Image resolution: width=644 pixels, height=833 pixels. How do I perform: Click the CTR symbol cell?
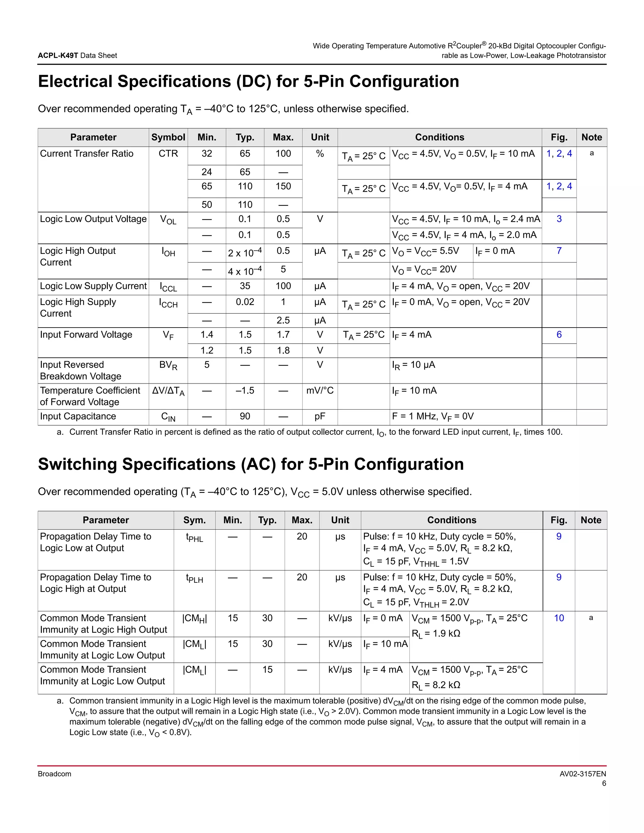(168, 154)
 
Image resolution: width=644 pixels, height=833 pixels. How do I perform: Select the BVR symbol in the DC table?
(168, 365)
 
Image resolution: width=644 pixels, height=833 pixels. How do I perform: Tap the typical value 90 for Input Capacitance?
(245, 416)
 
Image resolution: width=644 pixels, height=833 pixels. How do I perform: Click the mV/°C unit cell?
(320, 390)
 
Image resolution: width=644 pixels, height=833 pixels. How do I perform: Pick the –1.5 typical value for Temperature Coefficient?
(245, 390)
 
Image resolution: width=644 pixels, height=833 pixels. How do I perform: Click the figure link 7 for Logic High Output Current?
(559, 251)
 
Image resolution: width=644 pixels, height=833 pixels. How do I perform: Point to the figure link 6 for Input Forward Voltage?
(559, 334)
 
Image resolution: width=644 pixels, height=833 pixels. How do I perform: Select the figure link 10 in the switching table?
(559, 618)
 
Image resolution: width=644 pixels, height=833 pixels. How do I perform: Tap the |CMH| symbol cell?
(195, 618)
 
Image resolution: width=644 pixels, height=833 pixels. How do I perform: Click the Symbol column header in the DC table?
(168, 137)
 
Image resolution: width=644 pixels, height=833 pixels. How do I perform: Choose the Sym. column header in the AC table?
(195, 520)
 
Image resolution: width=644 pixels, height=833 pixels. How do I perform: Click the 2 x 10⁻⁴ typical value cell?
(245, 252)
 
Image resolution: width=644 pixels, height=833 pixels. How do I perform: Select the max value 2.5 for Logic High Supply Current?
(283, 320)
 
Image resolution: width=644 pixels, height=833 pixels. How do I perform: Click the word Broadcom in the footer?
(54, 774)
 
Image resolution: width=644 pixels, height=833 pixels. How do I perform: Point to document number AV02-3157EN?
(583, 774)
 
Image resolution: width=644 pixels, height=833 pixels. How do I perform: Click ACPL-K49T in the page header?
(58, 55)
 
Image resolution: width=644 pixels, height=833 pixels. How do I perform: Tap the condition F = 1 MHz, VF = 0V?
(433, 416)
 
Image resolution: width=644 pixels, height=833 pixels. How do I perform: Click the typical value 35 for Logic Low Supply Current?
(245, 286)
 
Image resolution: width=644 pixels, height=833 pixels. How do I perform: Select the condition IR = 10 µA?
(414, 365)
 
